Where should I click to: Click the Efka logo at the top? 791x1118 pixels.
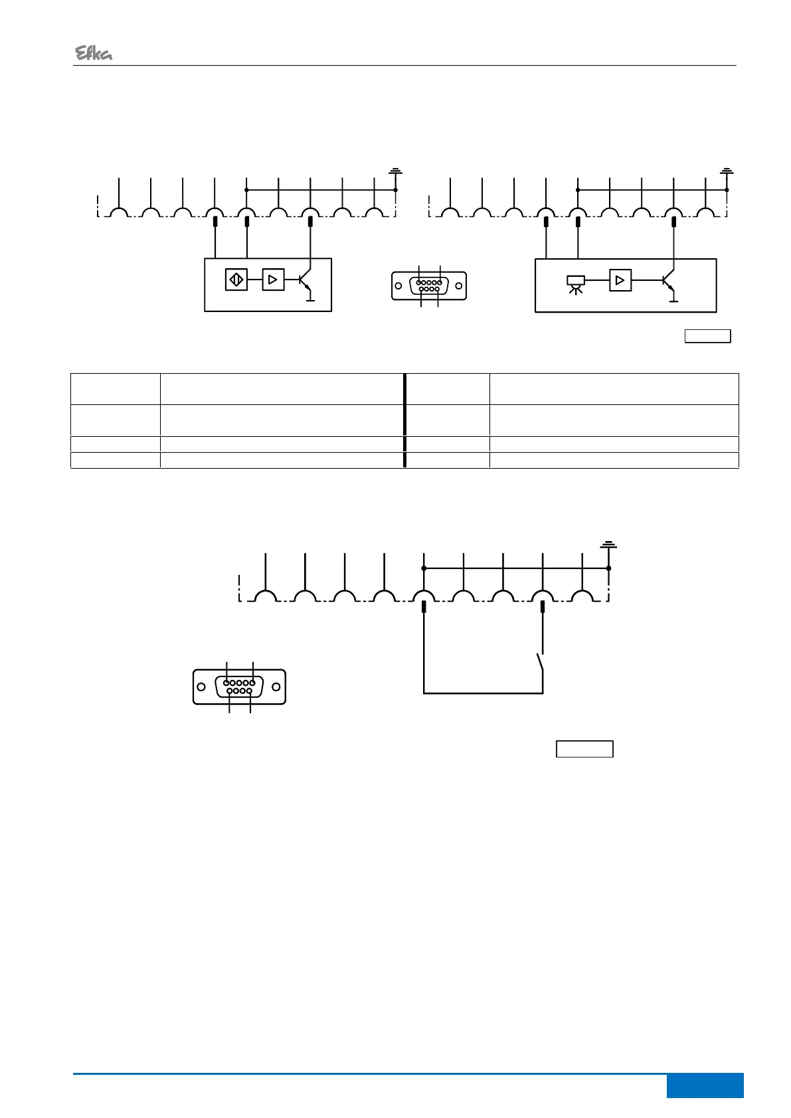tap(93, 54)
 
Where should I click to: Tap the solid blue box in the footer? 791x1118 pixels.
tap(705, 1085)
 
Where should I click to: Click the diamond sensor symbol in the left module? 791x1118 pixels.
tap(236, 279)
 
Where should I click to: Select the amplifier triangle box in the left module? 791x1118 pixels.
tap(273, 279)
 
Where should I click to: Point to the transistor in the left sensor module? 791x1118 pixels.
tap(304, 281)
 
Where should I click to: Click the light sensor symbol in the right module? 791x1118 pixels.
tap(575, 283)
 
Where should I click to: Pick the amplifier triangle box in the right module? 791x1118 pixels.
tap(620, 280)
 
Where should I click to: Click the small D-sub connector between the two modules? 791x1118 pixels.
tap(429, 285)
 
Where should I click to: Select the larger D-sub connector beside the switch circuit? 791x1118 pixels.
tap(239, 686)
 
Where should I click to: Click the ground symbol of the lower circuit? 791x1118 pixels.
tap(608, 546)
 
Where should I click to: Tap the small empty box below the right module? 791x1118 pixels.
tap(708, 336)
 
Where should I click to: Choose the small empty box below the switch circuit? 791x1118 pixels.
tap(584, 749)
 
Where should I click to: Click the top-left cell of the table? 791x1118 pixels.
tap(116, 388)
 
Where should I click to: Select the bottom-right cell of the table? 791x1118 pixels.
tap(614, 461)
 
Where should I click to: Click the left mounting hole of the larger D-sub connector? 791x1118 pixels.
tap(201, 686)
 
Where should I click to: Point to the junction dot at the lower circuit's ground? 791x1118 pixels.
tap(608, 568)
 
